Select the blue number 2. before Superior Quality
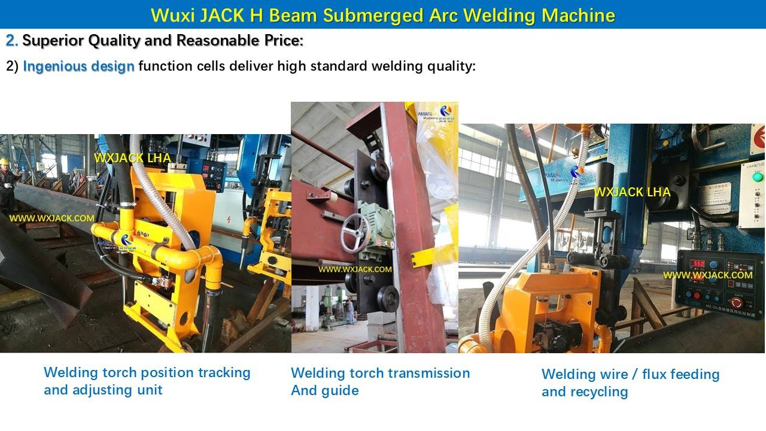[x=11, y=41]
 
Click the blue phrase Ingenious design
[x=78, y=66]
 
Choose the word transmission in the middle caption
[x=427, y=373]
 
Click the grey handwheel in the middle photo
[x=355, y=233]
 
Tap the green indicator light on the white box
[x=758, y=177]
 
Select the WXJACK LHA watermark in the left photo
[x=132, y=158]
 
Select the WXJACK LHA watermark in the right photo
[x=632, y=192]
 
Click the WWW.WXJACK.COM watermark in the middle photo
[x=355, y=269]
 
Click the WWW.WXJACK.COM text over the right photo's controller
[x=707, y=275]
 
